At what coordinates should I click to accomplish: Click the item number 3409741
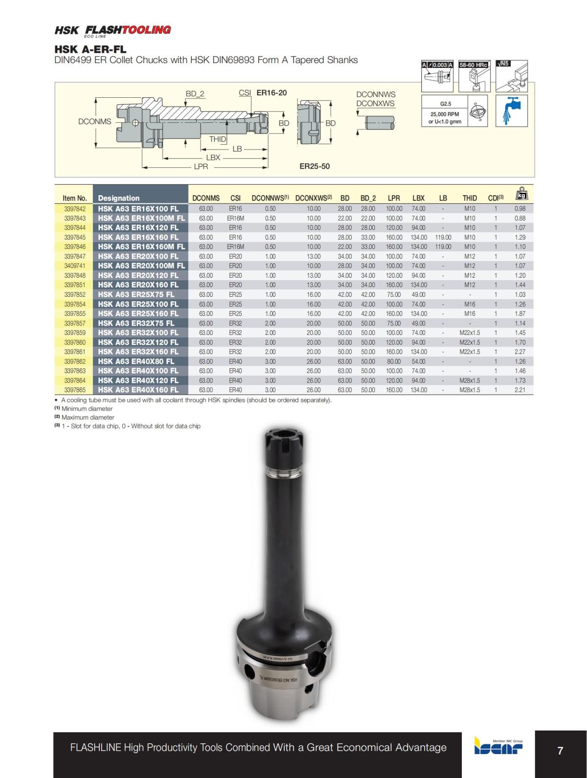coord(75,266)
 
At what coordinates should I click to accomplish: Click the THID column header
coord(470,198)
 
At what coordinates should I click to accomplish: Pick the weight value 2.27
coord(520,352)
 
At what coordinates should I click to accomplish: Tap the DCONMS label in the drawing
coord(95,121)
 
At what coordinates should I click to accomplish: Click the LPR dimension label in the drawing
coord(201,167)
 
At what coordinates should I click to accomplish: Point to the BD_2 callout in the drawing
coord(195,94)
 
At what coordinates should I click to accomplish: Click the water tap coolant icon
coord(512,111)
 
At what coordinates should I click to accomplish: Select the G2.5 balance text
coord(446,104)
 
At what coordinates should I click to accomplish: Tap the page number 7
coord(560,750)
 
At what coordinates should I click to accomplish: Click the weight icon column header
coord(521,194)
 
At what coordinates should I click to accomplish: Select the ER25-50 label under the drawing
coord(315,166)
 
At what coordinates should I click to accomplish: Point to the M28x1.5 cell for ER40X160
coord(470,390)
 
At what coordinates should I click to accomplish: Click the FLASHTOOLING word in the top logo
coord(128,29)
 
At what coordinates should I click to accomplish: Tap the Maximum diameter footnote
coord(88,417)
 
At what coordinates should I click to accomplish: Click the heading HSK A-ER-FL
coord(90,49)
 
